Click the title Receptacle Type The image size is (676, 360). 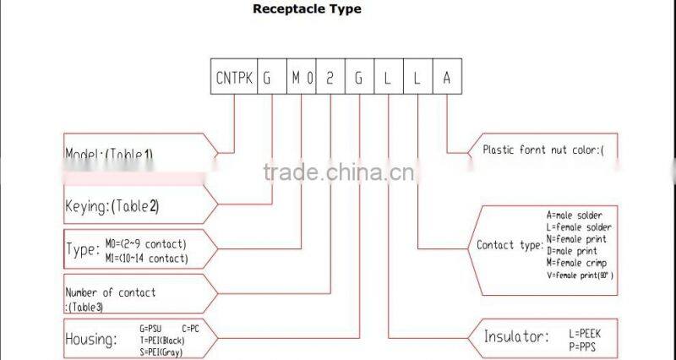308,9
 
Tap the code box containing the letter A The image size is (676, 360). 447,79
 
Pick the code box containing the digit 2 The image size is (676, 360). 330,79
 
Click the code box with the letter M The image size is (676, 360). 296,79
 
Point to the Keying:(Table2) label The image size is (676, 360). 112,205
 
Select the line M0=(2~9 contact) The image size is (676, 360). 147,243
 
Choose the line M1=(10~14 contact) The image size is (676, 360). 147,258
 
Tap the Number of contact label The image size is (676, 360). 110,292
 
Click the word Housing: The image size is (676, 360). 90,339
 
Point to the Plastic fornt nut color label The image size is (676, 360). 543,150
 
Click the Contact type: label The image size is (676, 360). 510,246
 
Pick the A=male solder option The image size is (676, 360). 575,215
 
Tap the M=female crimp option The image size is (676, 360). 577,263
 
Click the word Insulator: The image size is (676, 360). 516,336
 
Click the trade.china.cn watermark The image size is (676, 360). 337,173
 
